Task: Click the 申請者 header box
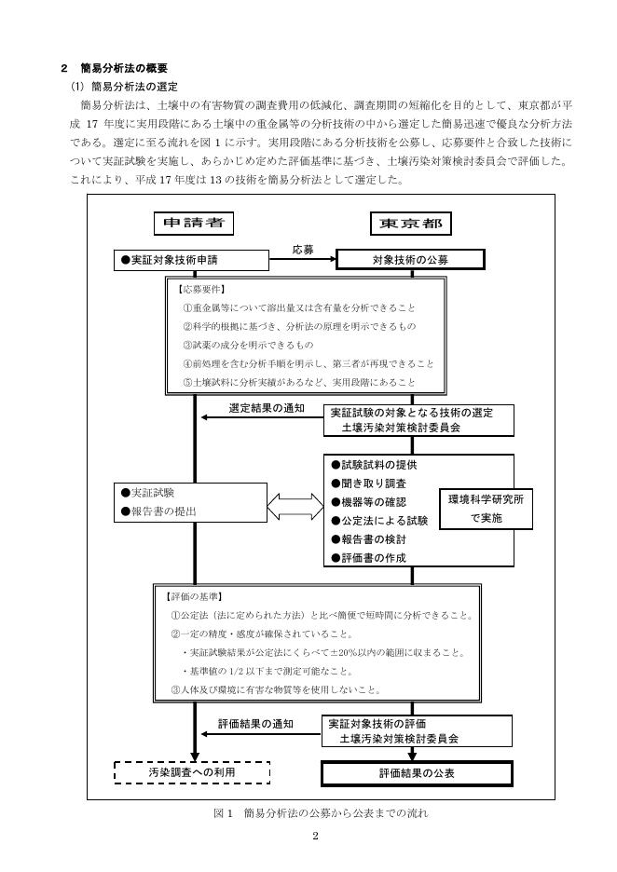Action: pyautogui.click(x=194, y=223)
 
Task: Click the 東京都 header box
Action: pyautogui.click(x=411, y=224)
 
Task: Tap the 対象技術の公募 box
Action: pyautogui.click(x=411, y=260)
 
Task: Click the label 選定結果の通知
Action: pyautogui.click(x=267, y=408)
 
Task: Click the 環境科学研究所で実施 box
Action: pyautogui.click(x=486, y=508)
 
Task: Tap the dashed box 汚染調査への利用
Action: pyautogui.click(x=191, y=772)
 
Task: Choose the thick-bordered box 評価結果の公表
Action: pyautogui.click(x=416, y=773)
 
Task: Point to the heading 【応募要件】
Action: pyautogui.click(x=202, y=289)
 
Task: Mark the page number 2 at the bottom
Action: pyautogui.click(x=316, y=835)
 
